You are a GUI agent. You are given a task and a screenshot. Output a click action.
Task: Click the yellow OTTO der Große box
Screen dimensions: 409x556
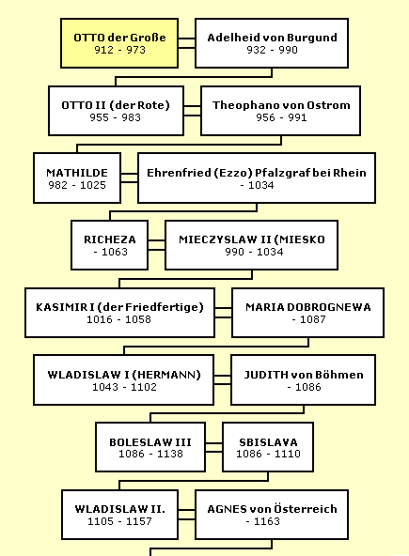119,43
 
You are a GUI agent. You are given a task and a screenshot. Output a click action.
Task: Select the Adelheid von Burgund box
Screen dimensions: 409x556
272,43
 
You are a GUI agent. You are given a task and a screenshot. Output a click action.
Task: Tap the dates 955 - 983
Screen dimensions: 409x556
115,117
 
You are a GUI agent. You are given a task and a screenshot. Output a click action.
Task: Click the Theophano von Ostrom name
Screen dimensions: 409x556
281,105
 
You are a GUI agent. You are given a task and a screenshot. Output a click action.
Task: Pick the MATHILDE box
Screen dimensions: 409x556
77,178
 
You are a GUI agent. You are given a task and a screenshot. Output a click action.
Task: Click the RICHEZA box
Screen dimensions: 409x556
109,245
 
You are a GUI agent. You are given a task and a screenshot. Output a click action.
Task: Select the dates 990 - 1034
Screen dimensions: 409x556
254,252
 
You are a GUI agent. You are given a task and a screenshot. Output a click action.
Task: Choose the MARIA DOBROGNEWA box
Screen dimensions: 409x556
307,313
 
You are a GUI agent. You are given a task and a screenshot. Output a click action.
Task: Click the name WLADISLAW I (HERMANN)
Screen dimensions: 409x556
124,375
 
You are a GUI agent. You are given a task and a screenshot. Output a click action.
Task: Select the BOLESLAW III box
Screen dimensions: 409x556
150,447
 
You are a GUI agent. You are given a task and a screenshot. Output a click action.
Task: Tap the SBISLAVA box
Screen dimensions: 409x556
268,447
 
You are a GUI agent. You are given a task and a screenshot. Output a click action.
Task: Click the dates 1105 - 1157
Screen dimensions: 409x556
119,521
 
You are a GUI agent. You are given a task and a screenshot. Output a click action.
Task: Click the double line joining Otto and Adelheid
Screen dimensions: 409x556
187,43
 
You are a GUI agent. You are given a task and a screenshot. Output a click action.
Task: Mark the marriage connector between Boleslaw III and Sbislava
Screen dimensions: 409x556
214,447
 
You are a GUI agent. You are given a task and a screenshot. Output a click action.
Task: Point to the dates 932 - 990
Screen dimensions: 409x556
272,50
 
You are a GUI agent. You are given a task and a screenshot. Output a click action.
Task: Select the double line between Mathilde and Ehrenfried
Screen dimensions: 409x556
129,178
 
